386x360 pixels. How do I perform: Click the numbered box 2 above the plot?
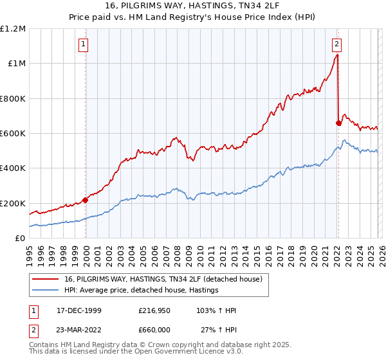(337, 44)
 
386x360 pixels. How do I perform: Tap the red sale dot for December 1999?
(86, 200)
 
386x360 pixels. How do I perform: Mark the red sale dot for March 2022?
(338, 123)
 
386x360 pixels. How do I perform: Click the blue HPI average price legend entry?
(141, 291)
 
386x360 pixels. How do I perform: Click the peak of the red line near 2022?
(338, 55)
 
